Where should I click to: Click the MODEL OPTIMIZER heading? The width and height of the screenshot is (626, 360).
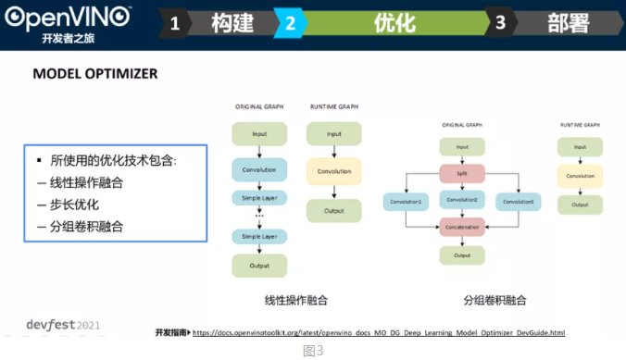(94, 73)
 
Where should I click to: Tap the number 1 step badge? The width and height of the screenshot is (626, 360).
(175, 24)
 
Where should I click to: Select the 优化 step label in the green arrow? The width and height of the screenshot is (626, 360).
(394, 23)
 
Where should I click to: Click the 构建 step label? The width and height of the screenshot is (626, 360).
(232, 23)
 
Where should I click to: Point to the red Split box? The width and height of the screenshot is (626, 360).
(461, 173)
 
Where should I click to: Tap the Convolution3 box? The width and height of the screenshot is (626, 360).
(519, 201)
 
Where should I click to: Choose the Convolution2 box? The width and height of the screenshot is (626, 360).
(461, 201)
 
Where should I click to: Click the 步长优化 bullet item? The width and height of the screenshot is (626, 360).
(73, 204)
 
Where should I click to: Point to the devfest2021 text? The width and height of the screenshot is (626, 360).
(51, 325)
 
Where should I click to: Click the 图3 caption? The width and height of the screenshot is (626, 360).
(313, 351)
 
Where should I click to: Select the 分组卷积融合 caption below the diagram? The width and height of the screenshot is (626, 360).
(495, 300)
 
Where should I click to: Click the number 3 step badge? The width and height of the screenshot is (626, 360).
(500, 24)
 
